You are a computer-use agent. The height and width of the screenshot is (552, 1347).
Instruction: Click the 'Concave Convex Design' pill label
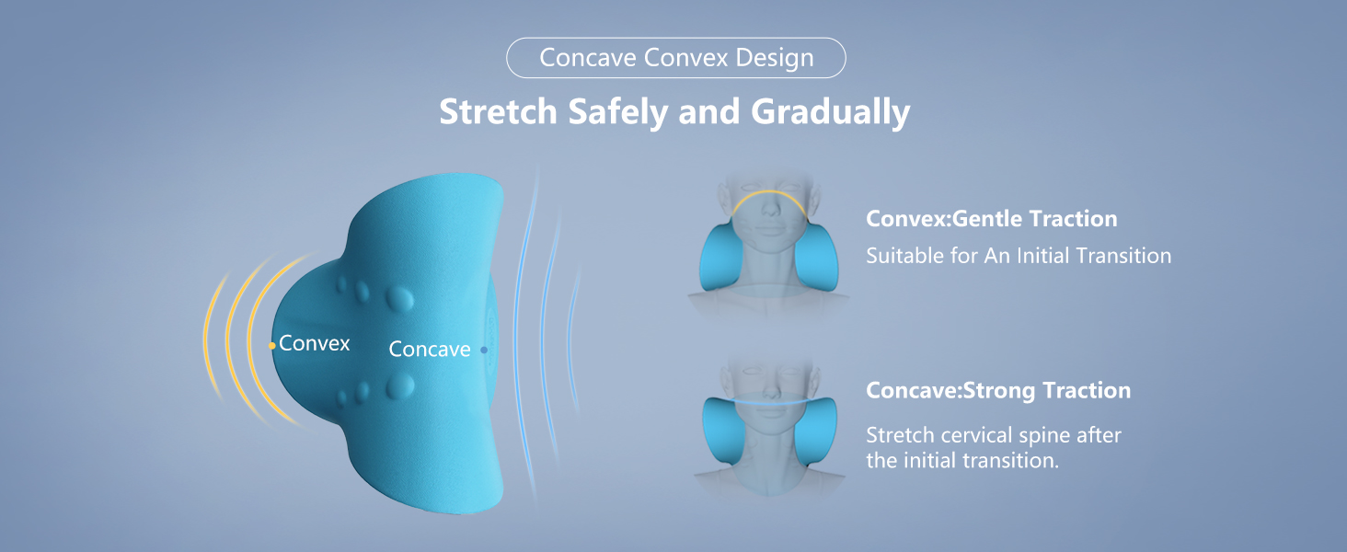(675, 58)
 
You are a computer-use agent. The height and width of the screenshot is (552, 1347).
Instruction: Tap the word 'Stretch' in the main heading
(498, 111)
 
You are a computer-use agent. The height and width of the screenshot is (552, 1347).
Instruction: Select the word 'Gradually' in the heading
(830, 111)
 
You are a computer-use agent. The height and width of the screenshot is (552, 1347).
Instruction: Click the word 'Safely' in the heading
(616, 111)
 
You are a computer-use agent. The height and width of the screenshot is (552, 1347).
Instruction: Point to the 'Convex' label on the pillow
(315, 343)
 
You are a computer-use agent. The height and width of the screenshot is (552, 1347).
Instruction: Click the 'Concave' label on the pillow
(430, 350)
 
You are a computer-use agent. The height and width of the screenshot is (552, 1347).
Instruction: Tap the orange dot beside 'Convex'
(271, 346)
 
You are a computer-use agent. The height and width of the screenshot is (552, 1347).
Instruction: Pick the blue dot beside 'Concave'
(484, 350)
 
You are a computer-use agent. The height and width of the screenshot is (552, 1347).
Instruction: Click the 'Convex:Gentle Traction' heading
(991, 219)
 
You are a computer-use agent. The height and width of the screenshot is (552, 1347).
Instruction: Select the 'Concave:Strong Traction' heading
(998, 390)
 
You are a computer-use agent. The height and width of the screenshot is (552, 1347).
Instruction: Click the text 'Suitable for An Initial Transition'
(1019, 255)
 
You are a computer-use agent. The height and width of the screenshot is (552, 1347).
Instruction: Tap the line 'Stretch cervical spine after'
(994, 434)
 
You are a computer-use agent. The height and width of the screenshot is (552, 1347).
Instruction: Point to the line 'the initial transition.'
(962, 460)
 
